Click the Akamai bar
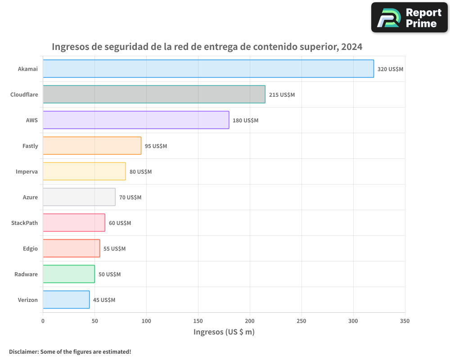(208, 69)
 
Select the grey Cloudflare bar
(154, 94)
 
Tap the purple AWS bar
(136, 120)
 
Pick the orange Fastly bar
(92, 146)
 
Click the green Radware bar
(68, 274)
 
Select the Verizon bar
(66, 300)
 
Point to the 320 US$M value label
(390, 69)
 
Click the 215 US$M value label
(282, 95)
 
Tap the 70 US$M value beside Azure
(130, 198)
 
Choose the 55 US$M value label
(114, 249)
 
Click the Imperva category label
(27, 171)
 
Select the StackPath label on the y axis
(24, 223)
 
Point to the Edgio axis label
(30, 248)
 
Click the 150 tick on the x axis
(198, 321)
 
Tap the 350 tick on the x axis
(405, 321)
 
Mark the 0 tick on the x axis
(43, 321)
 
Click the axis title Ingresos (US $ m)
(224, 332)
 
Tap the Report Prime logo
(409, 18)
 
